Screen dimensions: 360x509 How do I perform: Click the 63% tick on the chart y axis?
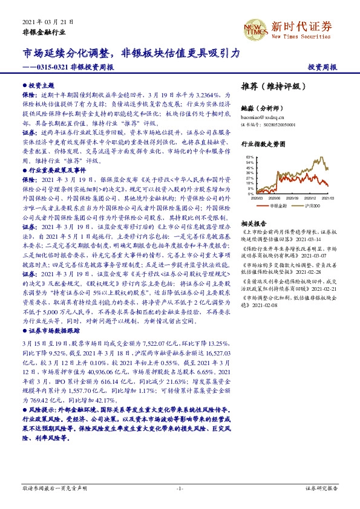[x=250, y=157]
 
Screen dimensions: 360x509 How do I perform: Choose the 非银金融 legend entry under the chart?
[x=278, y=206]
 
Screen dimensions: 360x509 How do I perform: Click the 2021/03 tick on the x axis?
[x=329, y=198]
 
